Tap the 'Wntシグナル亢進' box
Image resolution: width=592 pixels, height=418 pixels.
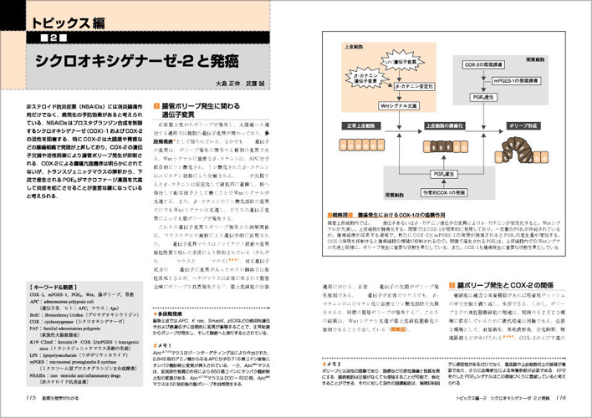click(396, 107)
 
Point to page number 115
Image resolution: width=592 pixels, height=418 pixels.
click(30, 398)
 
